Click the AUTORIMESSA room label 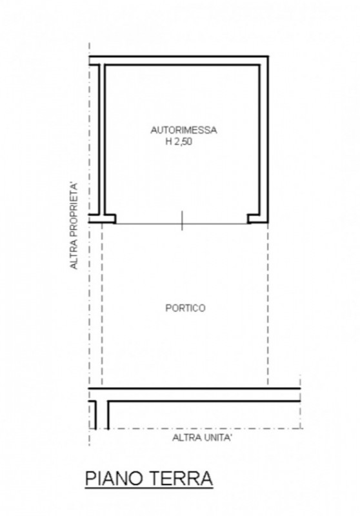[183, 130]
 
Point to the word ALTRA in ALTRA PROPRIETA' [75, 254]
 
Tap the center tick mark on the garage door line [182, 221]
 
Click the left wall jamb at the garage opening [108, 219]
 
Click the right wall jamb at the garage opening [256, 219]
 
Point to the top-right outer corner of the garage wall [267, 57]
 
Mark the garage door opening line [148, 223]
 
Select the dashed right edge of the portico [267, 303]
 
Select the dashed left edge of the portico [102, 303]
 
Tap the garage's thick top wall [184, 60]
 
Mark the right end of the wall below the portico [299, 395]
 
